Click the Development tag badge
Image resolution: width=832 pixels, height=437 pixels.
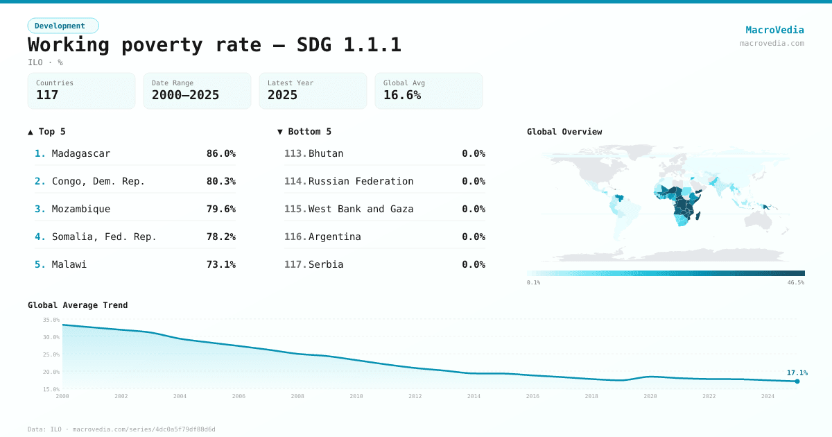coord(63,26)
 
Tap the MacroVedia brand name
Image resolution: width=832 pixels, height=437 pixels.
coord(774,30)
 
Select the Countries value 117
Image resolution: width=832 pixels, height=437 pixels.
coord(47,95)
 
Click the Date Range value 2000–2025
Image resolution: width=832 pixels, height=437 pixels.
coord(185,95)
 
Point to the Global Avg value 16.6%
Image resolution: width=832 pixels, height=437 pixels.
coord(402,95)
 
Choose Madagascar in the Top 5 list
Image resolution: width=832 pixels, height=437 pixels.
coord(81,153)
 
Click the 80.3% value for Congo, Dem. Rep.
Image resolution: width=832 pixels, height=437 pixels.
coord(220,181)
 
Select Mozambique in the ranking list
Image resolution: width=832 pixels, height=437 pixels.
coord(81,209)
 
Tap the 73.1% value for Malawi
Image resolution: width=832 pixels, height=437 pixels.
coord(220,264)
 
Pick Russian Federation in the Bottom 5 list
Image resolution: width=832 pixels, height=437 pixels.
coord(361,181)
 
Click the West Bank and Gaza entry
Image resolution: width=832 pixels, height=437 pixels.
coord(361,209)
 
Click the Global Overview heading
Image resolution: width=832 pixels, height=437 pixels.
coord(564,132)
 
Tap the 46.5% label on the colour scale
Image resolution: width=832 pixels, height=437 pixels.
coord(795,282)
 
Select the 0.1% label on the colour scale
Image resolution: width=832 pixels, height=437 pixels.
coord(533,282)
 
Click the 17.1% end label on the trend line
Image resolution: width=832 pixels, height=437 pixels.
coord(797,372)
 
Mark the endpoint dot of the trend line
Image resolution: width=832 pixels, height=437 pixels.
coord(797,382)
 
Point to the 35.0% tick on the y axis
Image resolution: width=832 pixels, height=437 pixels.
coord(51,320)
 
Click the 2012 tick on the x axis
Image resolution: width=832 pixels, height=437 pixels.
coord(415,396)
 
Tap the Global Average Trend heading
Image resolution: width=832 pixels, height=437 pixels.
coord(78,305)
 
